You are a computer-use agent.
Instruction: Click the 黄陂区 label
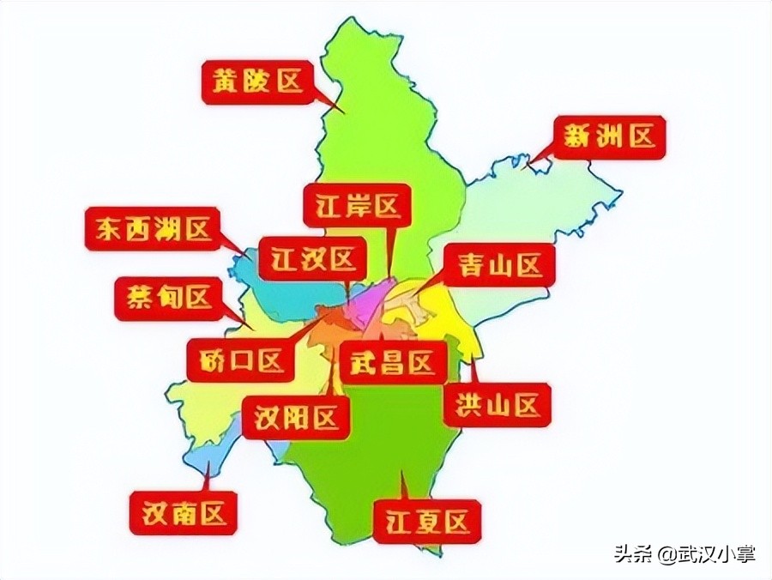point(255,82)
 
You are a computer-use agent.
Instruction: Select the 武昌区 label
point(393,363)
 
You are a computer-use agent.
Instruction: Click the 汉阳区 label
point(296,418)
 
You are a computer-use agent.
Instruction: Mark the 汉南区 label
point(183,513)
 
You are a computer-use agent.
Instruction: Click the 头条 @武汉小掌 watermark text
point(685,553)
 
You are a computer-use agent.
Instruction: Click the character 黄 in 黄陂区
point(226,82)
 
